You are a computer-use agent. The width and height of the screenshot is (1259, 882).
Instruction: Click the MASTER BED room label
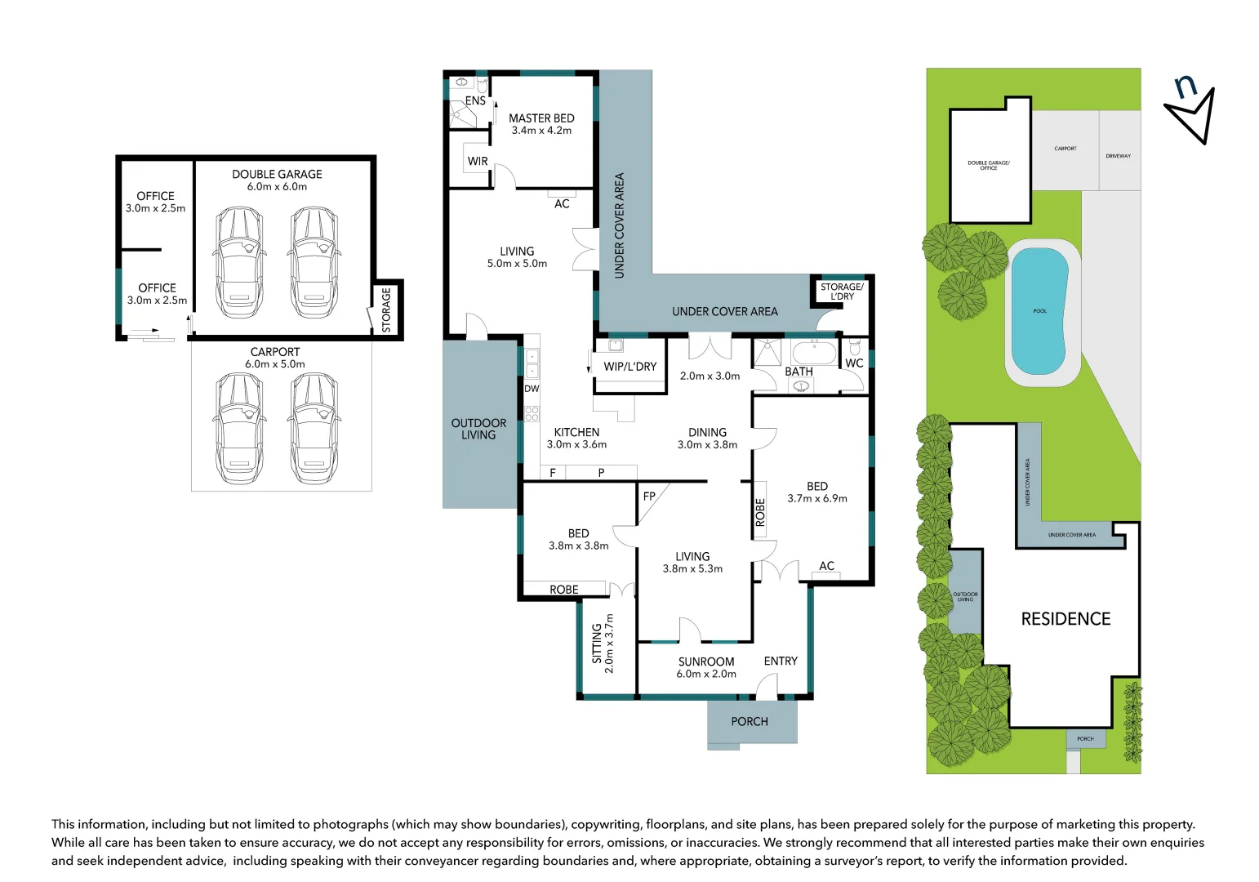[x=541, y=118]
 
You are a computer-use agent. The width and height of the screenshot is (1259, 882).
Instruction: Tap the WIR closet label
[x=478, y=162]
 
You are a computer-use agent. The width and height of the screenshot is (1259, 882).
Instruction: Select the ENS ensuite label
[x=475, y=101]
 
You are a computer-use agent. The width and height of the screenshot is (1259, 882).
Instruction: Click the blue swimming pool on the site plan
[x=1039, y=310]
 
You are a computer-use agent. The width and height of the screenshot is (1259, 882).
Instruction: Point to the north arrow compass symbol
[x=1191, y=110]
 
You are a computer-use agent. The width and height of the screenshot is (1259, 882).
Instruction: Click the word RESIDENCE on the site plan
[x=1065, y=619]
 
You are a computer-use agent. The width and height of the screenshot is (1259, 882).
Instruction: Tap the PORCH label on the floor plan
[x=750, y=722]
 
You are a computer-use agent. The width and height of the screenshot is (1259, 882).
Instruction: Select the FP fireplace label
[x=649, y=497]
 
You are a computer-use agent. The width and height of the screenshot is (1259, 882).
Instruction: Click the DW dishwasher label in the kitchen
[x=532, y=389]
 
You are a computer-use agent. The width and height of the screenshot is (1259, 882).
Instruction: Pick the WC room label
[x=854, y=363]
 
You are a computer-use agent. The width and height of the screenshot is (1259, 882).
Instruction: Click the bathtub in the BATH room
[x=813, y=353]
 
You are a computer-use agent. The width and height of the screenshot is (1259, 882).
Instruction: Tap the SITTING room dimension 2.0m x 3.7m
[x=609, y=644]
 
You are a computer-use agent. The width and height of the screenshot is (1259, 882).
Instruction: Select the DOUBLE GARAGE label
[x=277, y=175]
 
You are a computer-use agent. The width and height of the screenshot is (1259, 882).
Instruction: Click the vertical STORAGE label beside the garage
[x=387, y=310]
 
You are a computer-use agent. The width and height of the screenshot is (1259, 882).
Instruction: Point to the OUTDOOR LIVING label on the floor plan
[x=478, y=429]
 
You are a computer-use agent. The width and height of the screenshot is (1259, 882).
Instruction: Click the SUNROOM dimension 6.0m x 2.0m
[x=706, y=675]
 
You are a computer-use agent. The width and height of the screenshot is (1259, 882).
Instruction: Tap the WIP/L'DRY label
[x=629, y=367]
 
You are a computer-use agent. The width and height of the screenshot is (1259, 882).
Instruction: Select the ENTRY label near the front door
[x=781, y=661]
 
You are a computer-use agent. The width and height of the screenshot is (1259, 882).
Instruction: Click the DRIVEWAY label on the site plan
[x=1118, y=156]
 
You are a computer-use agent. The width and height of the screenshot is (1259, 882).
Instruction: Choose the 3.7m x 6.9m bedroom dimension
[x=817, y=498]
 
